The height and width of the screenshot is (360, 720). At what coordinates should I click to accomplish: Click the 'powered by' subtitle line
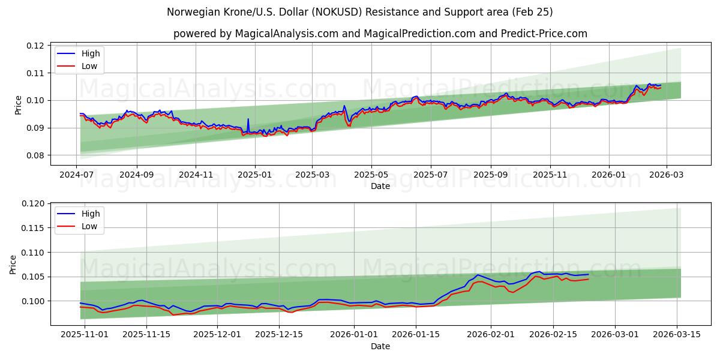380,34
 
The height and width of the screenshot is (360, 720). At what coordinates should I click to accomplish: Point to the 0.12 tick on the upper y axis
35,46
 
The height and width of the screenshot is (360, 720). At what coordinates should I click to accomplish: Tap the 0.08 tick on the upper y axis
35,155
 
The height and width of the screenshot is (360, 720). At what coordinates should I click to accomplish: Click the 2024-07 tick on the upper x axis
76,175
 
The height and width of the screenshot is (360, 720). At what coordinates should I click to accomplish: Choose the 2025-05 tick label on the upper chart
371,175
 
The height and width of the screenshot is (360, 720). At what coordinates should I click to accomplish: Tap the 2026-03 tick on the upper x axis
666,175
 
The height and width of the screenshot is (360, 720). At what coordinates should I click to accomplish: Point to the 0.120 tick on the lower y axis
33,204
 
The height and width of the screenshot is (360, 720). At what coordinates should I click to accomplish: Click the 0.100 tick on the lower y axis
33,301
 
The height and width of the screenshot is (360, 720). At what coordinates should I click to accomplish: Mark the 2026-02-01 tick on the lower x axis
491,334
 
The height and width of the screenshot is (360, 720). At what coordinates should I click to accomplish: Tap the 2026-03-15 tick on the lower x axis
677,334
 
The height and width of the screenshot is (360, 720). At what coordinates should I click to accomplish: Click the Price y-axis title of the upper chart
18,105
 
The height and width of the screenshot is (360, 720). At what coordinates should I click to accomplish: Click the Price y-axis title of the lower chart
13,264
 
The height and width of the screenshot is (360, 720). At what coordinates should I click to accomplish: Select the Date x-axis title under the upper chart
380,186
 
